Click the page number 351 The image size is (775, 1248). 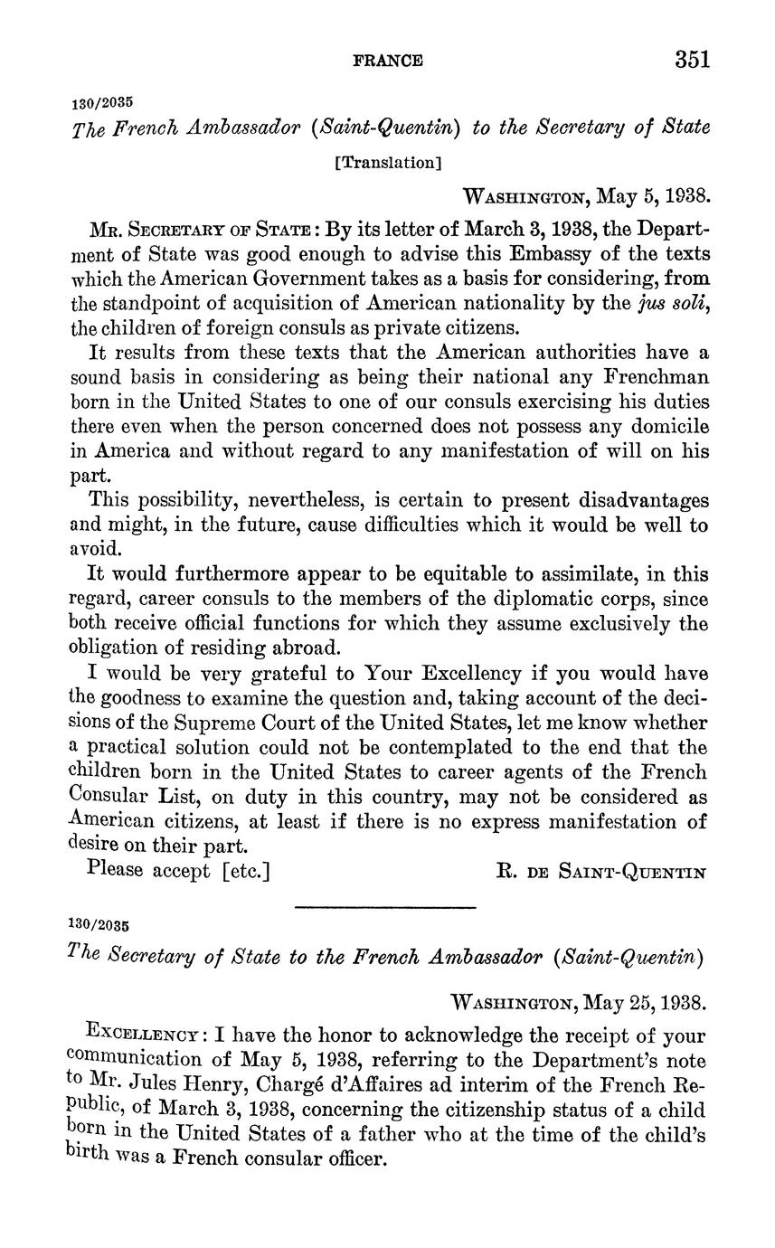692,60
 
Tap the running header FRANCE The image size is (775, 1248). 387,61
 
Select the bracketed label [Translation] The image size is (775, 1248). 387,163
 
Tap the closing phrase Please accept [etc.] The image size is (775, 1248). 179,870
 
